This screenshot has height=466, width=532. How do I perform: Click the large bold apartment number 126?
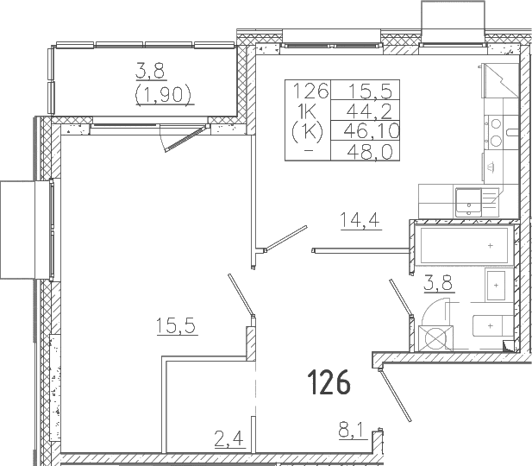329,382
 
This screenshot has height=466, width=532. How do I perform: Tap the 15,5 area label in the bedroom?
176,325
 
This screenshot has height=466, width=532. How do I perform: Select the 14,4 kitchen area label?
360,220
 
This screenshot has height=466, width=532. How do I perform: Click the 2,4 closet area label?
229,438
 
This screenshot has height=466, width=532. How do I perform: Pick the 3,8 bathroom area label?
438,283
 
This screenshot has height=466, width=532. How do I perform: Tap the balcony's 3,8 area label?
150,72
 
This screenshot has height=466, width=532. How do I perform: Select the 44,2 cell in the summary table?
368,110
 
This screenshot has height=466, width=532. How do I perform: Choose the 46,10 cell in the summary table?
371,131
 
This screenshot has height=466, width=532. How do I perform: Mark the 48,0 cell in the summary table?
370,151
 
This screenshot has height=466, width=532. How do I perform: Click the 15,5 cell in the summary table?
370,91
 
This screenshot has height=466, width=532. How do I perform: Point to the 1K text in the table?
307,110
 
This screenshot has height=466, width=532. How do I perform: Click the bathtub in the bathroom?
464,246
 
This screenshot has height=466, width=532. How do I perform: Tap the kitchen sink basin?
468,202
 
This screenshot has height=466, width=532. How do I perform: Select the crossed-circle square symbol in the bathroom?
435,338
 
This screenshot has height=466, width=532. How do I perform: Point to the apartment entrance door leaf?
395,396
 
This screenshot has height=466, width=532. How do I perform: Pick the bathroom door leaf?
401,298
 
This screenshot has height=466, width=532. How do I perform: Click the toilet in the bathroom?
493,325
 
